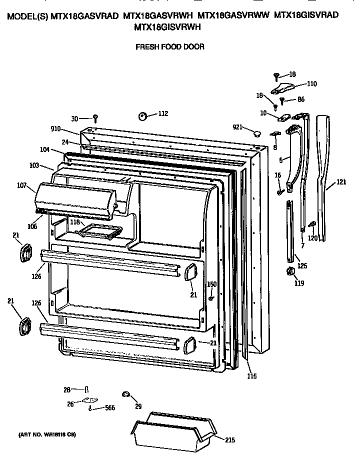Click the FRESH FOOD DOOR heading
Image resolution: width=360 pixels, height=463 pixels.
tap(170, 46)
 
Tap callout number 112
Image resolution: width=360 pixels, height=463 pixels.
tap(163, 113)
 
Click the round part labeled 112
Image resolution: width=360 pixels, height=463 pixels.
tap(143, 116)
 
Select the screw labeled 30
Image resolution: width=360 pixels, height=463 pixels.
tap(95, 119)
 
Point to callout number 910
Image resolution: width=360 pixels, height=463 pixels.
tap(55, 128)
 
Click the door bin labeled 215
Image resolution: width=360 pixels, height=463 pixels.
tap(173, 432)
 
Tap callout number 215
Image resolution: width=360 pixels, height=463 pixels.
tap(230, 440)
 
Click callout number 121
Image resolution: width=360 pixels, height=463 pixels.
tap(341, 182)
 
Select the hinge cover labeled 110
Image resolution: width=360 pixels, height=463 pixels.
tap(282, 88)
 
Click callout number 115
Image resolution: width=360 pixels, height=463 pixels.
tap(252, 376)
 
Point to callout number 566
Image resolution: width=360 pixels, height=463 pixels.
tap(110, 408)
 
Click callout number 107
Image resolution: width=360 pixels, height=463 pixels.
tap(22, 185)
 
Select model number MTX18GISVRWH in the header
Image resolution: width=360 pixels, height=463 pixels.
tap(167, 27)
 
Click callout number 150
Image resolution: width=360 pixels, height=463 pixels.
tap(211, 284)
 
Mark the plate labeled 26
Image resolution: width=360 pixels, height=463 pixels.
tap(90, 400)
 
